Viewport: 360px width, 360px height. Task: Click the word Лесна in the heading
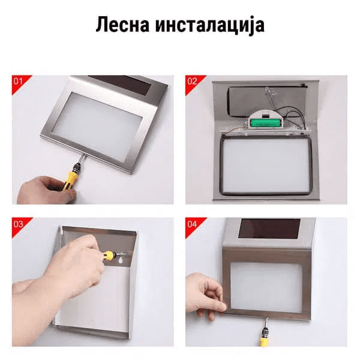(x=122, y=25)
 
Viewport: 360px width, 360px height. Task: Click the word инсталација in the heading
(x=210, y=26)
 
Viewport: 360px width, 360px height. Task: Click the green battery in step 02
(x=266, y=123)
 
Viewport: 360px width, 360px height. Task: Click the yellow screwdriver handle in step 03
(x=109, y=255)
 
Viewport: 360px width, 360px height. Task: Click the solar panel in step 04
(x=269, y=228)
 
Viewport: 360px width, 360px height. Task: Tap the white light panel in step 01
(x=97, y=126)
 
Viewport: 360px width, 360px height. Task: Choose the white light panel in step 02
(x=266, y=166)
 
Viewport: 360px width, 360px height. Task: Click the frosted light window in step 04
(x=266, y=287)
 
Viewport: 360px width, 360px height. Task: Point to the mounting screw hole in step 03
(x=121, y=260)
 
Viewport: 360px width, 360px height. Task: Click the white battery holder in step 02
(x=265, y=120)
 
